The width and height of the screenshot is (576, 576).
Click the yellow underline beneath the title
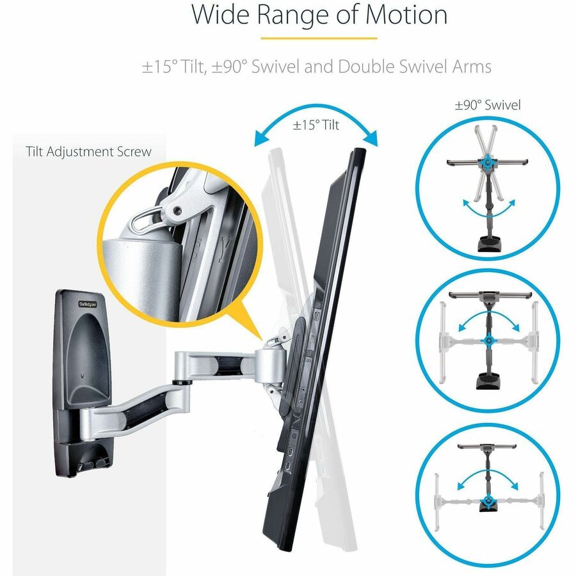click(x=318, y=38)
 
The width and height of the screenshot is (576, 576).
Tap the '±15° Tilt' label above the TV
click(x=316, y=125)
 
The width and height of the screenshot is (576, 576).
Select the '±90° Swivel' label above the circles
click(x=488, y=105)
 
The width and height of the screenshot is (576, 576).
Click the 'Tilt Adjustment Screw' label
click(x=89, y=152)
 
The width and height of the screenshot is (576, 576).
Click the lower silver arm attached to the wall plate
click(x=138, y=410)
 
